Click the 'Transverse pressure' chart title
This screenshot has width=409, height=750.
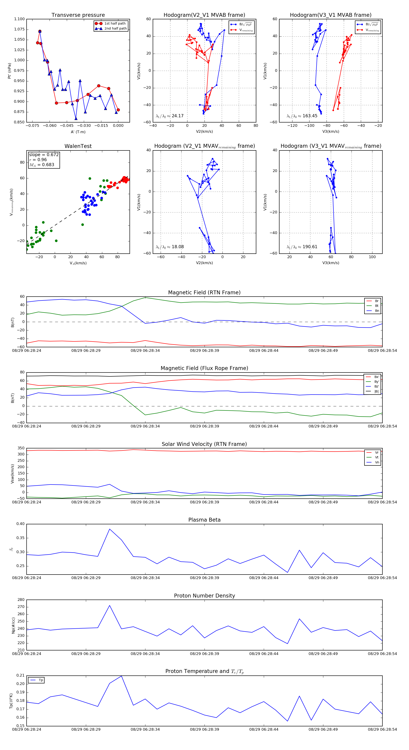tap(78, 15)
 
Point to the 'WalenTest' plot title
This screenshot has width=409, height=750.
tap(78, 146)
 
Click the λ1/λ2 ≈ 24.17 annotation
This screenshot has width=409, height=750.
tap(170, 116)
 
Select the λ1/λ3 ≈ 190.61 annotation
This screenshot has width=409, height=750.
tap(302, 247)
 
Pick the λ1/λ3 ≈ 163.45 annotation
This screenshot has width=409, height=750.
tap(302, 116)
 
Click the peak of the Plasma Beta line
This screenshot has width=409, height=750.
tap(110, 529)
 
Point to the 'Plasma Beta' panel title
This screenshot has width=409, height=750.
tap(204, 520)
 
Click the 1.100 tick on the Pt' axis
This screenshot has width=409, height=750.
tap(20, 19)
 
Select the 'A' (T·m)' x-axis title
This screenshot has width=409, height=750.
tap(78, 132)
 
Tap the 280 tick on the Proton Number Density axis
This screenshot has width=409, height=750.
tap(21, 600)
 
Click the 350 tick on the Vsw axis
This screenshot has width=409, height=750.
tap(21, 448)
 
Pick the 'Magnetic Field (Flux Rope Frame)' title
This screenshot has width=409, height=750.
tap(204, 368)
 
